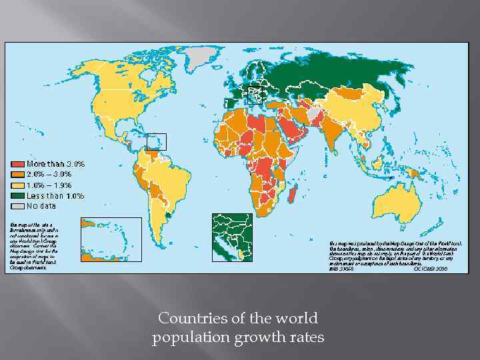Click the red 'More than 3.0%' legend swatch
18,164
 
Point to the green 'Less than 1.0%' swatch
18,196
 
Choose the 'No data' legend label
42,207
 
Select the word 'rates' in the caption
306,338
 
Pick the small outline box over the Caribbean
156,141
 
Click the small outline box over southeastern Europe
256,95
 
